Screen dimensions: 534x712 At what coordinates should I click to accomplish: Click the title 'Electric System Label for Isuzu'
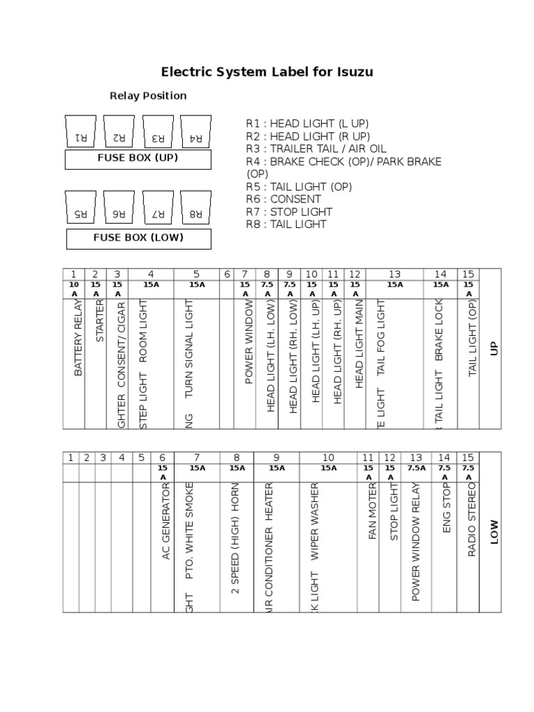click(x=267, y=72)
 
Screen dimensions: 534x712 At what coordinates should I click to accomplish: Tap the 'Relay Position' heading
click(x=148, y=96)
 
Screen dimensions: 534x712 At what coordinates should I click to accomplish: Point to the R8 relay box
click(x=195, y=207)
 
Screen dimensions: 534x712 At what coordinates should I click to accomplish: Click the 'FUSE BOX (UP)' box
click(x=138, y=159)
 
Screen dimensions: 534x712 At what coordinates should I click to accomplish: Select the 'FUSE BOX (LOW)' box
click(x=138, y=238)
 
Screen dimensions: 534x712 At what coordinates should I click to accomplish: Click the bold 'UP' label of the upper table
click(x=494, y=348)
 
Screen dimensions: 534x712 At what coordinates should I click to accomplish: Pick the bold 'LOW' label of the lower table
click(x=494, y=532)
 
